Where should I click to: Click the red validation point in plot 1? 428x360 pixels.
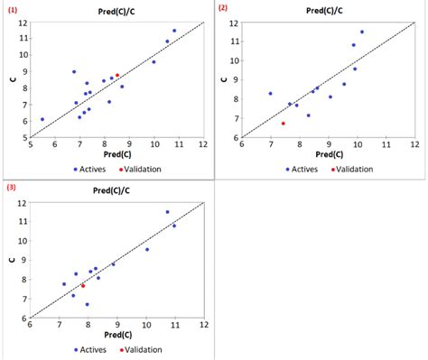click(x=117, y=76)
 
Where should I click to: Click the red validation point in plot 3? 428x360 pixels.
click(x=83, y=286)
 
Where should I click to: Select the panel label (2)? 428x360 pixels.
click(x=224, y=7)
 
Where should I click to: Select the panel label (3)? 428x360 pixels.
click(x=12, y=188)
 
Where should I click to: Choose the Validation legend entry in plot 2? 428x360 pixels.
click(x=352, y=168)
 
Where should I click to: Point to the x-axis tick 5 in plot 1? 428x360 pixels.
click(x=30, y=144)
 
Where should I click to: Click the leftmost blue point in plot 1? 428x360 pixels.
click(x=42, y=119)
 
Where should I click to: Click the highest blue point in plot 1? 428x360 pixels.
click(x=174, y=31)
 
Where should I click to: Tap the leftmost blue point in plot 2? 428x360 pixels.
click(x=270, y=93)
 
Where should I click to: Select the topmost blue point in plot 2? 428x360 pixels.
click(x=362, y=32)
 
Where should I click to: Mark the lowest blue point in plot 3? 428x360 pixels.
click(x=88, y=304)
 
